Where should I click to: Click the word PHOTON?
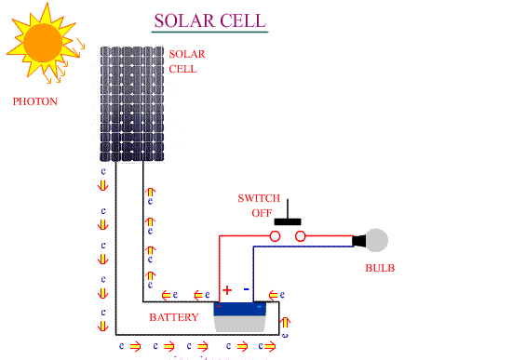35,100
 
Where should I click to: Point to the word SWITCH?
258,198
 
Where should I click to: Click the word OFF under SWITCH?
262,213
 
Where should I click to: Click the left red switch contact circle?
276,237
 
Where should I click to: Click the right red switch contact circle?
301,237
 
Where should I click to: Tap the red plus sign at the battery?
226,290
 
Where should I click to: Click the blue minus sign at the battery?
247,289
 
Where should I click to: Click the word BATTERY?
174,318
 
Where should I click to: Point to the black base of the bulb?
358,241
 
